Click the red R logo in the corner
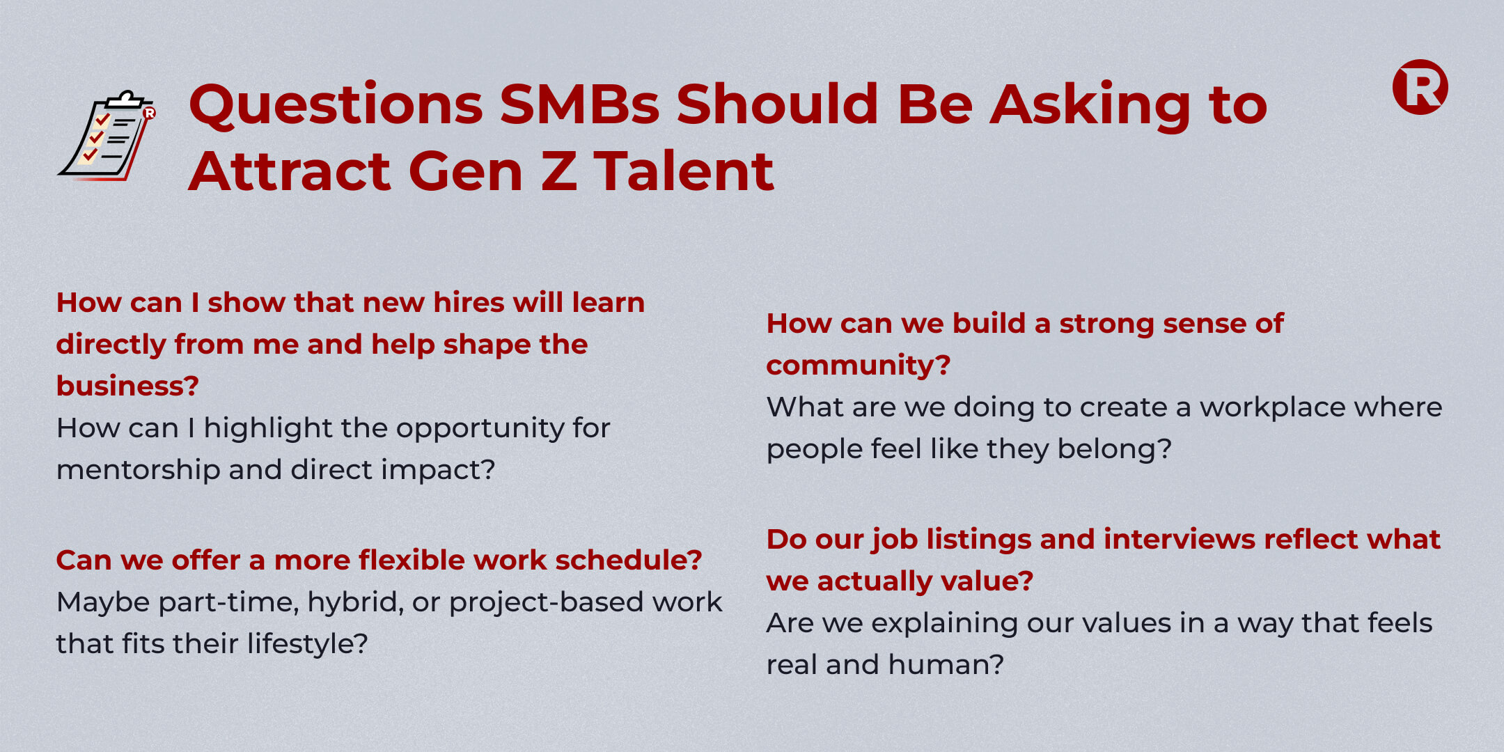coord(1420,87)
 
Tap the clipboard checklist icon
coord(107,135)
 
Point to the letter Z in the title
coord(559,171)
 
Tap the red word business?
coord(127,386)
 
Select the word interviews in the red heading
coord(1179,539)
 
